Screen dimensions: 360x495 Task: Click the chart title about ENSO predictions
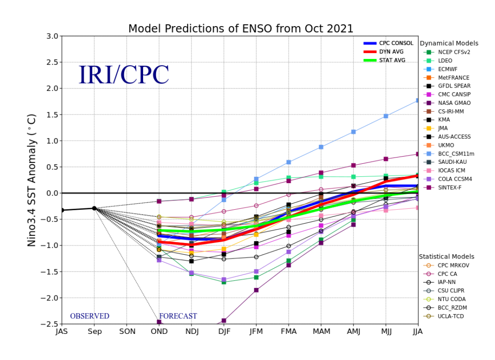click(x=241, y=29)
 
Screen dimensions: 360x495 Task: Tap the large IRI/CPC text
click(x=124, y=74)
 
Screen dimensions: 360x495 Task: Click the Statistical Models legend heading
click(x=446, y=257)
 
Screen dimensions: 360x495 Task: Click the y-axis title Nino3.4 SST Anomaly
click(x=31, y=180)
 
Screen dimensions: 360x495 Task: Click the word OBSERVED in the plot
click(x=89, y=316)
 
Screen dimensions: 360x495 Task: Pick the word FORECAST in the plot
click(x=178, y=316)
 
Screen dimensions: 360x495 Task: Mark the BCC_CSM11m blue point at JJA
click(x=418, y=101)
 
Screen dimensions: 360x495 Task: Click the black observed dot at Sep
click(x=94, y=208)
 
